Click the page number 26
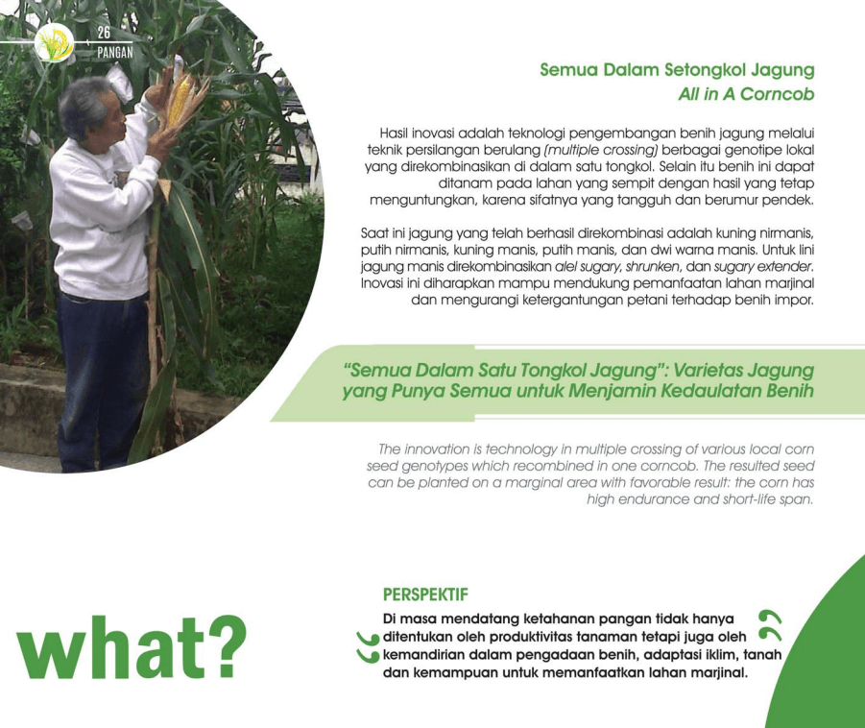click(104, 33)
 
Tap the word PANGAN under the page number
click(115, 53)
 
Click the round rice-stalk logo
click(54, 42)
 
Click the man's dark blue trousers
click(102, 381)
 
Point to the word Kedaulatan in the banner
click(711, 391)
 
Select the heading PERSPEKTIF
click(425, 595)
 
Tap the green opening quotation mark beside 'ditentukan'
click(368, 647)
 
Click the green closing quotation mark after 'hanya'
click(770, 625)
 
